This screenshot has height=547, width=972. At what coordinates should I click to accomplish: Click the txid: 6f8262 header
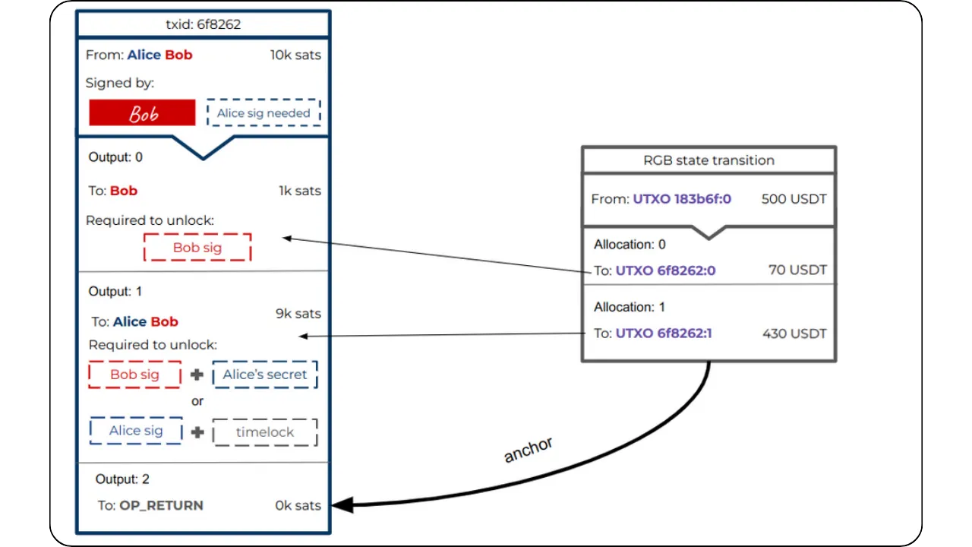click(x=203, y=24)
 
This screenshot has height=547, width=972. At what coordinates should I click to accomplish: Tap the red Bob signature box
click(x=142, y=113)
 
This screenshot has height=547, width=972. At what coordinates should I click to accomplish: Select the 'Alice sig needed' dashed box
click(x=264, y=113)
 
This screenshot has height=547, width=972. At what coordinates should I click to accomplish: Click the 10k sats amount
click(x=295, y=55)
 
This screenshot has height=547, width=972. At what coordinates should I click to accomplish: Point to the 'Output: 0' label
click(x=115, y=157)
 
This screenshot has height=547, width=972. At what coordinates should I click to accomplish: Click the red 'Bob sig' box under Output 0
click(x=197, y=248)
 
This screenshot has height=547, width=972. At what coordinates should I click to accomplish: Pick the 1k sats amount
click(x=299, y=191)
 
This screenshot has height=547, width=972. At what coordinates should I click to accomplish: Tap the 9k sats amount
click(x=298, y=314)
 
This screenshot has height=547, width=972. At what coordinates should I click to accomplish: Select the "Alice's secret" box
click(x=264, y=375)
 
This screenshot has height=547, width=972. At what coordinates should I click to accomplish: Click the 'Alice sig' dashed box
click(x=136, y=431)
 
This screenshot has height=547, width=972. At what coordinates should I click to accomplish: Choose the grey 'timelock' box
click(x=264, y=432)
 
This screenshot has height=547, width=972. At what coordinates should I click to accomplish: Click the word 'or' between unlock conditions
click(x=197, y=401)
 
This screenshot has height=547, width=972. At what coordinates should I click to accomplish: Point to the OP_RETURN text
click(x=161, y=505)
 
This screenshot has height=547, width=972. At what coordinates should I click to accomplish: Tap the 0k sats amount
click(x=298, y=505)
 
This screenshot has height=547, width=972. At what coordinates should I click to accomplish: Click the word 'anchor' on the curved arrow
click(x=528, y=450)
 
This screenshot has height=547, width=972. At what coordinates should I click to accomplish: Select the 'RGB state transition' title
click(x=708, y=160)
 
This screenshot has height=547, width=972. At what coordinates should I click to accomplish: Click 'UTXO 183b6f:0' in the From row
click(x=682, y=200)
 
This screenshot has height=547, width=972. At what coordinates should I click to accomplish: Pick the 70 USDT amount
click(x=797, y=270)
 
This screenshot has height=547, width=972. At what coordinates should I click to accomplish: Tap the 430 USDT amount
click(x=794, y=334)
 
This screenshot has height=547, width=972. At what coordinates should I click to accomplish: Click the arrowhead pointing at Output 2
click(x=342, y=504)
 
